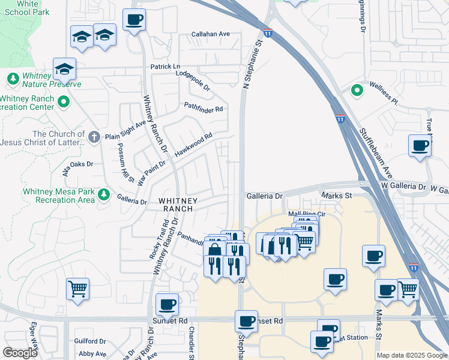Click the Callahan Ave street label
click(211, 34)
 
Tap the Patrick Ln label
click(165, 66)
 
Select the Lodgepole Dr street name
click(193, 80)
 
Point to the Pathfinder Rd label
click(203, 109)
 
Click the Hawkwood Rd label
click(193, 145)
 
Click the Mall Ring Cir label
click(306, 214)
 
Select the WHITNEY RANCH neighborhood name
click(175, 204)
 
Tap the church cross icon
click(94, 137)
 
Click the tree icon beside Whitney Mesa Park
click(104, 194)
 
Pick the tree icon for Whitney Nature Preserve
click(13, 78)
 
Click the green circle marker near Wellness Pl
click(357, 91)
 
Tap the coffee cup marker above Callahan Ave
click(134, 20)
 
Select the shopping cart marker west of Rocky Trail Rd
click(77, 289)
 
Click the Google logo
click(20, 353)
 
